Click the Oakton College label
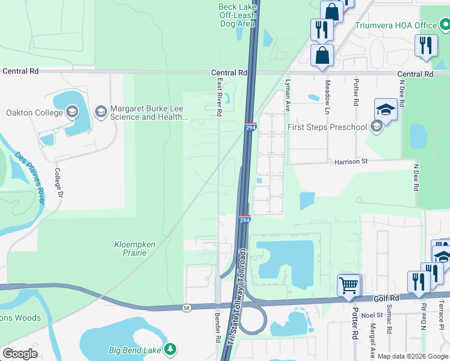pos(34,113)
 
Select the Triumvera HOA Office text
pos(395,25)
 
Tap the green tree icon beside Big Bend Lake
pos(171,349)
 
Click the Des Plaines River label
pos(30,178)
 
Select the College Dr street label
pos(59,182)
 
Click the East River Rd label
pos(220,96)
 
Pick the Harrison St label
pos(351,161)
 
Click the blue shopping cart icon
pos(349,285)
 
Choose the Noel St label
pos(372,315)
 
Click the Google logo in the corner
pos(20,354)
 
